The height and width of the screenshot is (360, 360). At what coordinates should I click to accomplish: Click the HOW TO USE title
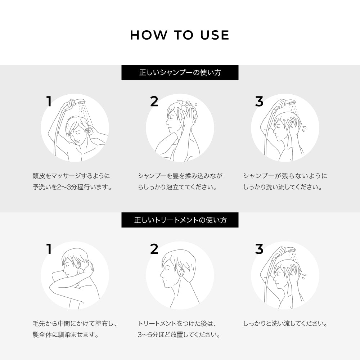(x=180, y=35)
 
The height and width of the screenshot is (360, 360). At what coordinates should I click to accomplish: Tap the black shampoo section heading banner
(x=180, y=72)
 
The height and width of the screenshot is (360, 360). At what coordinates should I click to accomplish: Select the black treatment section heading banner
(x=180, y=220)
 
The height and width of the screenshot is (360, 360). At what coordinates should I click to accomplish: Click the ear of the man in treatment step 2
(x=181, y=273)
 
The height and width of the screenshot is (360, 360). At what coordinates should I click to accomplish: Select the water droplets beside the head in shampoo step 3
(x=304, y=129)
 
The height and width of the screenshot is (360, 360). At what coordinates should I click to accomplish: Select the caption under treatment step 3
(x=285, y=324)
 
